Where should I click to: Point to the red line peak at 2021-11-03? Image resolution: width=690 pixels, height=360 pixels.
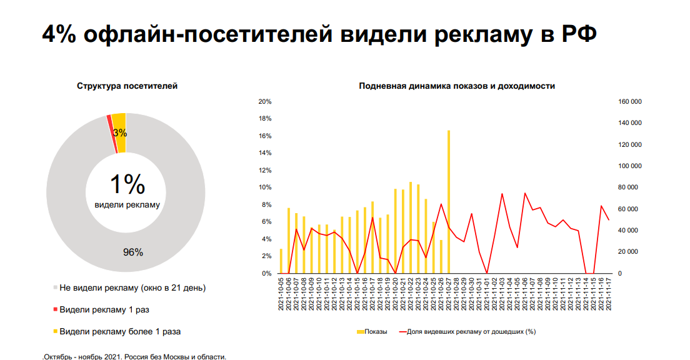(502, 194)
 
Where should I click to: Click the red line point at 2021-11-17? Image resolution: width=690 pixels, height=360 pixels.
(609, 219)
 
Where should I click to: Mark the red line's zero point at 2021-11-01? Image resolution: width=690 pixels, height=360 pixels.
(487, 273)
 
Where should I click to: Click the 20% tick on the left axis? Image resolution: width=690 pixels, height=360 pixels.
(265, 101)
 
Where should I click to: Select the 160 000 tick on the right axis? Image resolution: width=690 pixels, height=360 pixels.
(629, 101)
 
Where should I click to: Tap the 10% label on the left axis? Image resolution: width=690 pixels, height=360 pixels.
(265, 187)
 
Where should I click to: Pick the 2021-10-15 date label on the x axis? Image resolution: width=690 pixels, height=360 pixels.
(357, 294)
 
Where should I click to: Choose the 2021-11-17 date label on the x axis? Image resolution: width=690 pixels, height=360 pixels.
(609, 294)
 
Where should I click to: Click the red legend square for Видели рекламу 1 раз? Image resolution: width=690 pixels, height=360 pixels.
(56, 309)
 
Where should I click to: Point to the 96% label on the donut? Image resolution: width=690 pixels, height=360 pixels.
(132, 252)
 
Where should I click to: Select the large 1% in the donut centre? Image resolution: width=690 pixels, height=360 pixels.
(127, 185)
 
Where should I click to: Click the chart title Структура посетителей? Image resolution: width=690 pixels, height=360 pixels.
(127, 86)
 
